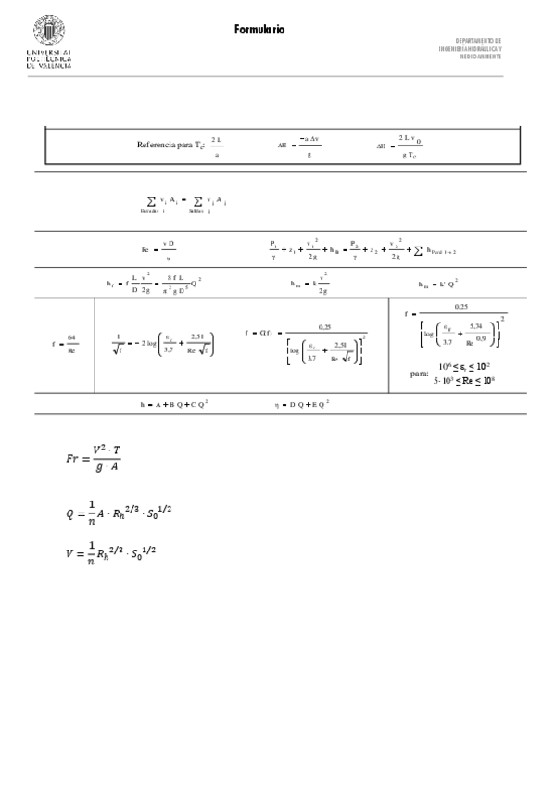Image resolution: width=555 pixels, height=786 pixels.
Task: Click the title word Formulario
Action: pyautogui.click(x=259, y=31)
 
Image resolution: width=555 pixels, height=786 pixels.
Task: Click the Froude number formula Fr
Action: pyautogui.click(x=94, y=459)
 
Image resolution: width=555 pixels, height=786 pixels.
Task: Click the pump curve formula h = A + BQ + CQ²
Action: pyautogui.click(x=174, y=404)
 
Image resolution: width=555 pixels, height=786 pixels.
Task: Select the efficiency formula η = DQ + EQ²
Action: pyautogui.click(x=302, y=404)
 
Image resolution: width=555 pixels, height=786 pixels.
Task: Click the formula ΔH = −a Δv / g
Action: pyautogui.click(x=301, y=146)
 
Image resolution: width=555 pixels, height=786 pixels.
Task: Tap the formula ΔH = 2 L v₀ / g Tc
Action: pyautogui.click(x=400, y=146)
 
